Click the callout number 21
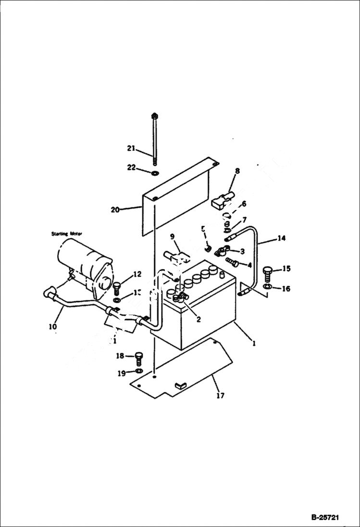(x=131, y=148)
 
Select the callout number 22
(x=131, y=167)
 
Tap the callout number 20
(x=115, y=209)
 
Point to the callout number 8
(x=237, y=171)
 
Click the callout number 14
(x=282, y=237)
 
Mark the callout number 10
(x=52, y=327)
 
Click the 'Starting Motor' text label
(x=67, y=233)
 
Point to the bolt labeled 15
(x=268, y=272)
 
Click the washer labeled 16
(x=268, y=287)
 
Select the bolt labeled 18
(x=138, y=358)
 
